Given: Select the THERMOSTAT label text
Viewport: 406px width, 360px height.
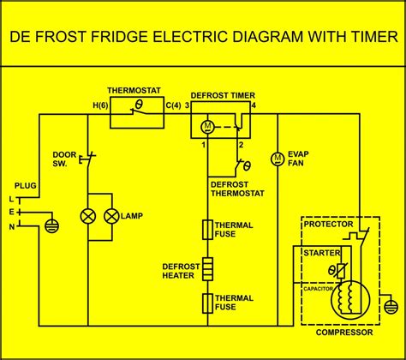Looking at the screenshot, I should pos(136,90).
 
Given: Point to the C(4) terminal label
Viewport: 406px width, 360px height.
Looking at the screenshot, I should pos(173,105).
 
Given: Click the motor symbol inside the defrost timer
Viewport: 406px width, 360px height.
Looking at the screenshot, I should pos(206,127).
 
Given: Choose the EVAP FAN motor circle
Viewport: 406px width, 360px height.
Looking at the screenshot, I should pos(277,159).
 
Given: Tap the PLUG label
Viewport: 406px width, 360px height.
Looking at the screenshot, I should pos(25,184).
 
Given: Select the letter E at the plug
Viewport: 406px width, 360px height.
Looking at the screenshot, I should pos(12,211).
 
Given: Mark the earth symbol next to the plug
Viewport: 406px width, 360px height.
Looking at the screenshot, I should pos(51,225).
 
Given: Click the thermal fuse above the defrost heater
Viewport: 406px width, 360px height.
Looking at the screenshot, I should pos(206,230).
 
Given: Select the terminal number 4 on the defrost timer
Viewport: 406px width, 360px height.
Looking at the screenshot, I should pos(252,105).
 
